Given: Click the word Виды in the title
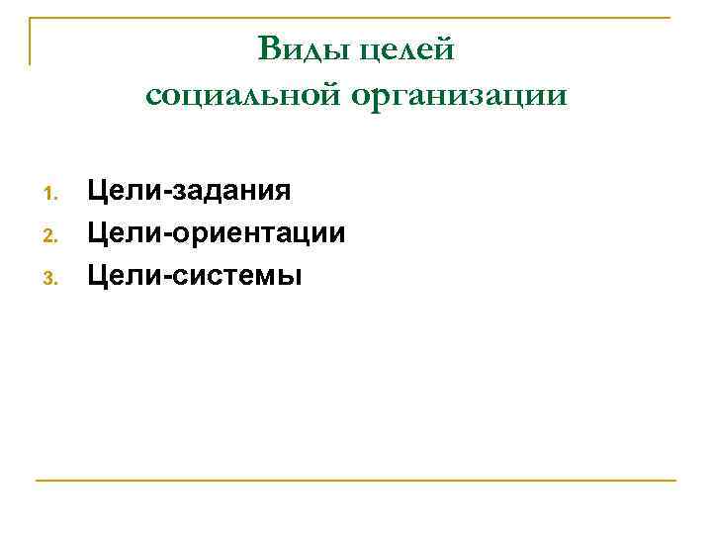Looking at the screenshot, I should (300, 47).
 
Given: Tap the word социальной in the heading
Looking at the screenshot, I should (240, 95).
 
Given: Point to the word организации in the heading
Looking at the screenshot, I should (458, 97).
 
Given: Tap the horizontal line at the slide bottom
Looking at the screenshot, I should (356, 481).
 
